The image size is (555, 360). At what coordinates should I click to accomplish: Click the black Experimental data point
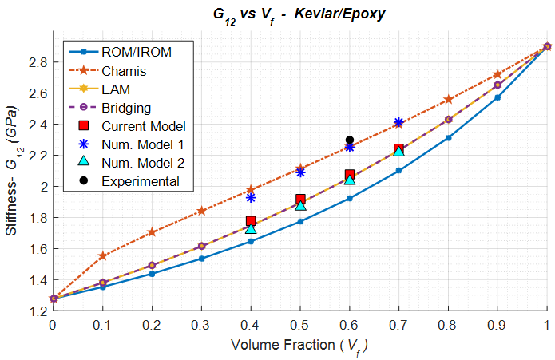pos(349,140)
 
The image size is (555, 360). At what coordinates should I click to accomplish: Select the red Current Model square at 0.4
pos(251,221)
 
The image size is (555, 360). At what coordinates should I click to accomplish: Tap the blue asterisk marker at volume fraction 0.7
pos(398,122)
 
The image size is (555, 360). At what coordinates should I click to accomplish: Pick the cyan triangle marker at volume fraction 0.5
pos(300,205)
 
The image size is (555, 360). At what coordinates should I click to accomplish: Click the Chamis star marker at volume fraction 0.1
pos(102,256)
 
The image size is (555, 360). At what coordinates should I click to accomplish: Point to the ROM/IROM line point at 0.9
pos(498,97)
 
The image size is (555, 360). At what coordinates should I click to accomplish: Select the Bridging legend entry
pos(126,108)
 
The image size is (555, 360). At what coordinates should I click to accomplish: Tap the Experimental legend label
pos(140,181)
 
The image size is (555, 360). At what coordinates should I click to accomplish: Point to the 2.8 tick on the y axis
pos(38,62)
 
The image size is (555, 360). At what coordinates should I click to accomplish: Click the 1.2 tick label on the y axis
pos(38,311)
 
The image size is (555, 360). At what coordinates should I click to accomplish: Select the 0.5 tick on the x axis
pos(300,326)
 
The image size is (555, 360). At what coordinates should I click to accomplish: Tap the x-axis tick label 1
pos(547,326)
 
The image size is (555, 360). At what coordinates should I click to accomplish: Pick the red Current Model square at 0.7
pos(398,149)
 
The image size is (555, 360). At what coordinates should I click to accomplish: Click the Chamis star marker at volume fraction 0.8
pos(448,100)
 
